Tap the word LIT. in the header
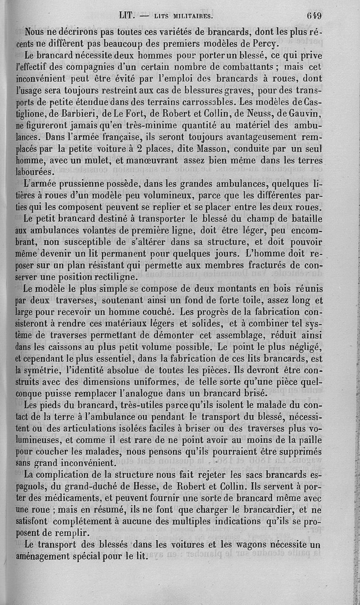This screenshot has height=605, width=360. click(x=128, y=15)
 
